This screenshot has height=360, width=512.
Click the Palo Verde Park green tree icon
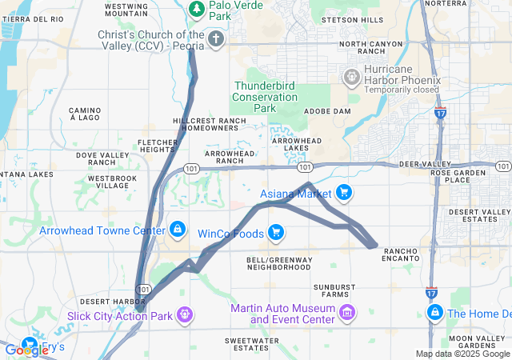(x=196, y=8)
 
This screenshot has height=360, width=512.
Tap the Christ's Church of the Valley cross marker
(x=214, y=38)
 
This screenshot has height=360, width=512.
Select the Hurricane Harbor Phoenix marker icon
(x=350, y=78)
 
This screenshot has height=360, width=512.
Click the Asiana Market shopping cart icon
(x=343, y=193)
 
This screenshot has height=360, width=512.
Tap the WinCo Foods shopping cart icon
(x=276, y=233)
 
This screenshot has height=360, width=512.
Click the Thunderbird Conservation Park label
(x=264, y=97)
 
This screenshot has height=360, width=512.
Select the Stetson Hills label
(x=352, y=20)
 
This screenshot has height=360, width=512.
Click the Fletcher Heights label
(x=157, y=146)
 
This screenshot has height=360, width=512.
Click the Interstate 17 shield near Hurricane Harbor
(x=441, y=115)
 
